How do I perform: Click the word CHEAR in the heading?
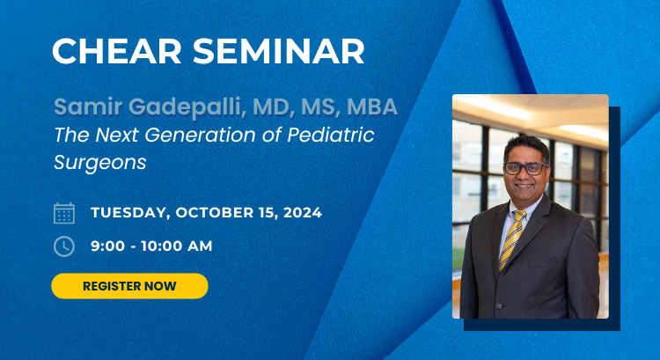pos(116,51)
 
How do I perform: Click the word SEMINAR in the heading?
pos(279,51)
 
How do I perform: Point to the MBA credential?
pos(372,107)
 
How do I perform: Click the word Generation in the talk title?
pos(200,135)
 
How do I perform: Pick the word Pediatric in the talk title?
pos(331,135)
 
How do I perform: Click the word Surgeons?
pos(100,163)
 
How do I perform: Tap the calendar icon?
pos(64,213)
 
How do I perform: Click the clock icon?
pos(64,246)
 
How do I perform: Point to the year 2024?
pos(303,212)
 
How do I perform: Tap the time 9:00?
pos(107,246)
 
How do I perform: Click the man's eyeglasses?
pos(525,169)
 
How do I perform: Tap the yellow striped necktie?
pos(513,239)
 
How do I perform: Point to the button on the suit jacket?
pos(498,305)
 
